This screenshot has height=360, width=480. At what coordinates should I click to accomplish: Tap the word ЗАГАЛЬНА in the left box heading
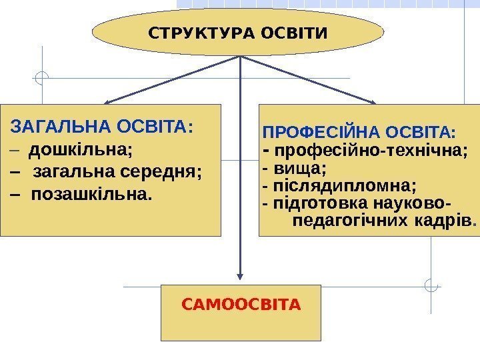61,126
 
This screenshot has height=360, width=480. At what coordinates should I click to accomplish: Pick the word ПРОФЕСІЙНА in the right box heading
317,131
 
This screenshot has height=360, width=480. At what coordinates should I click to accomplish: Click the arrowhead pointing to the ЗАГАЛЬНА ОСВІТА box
107,102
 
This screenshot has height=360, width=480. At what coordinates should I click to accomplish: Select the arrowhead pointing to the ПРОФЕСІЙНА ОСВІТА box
373,101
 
